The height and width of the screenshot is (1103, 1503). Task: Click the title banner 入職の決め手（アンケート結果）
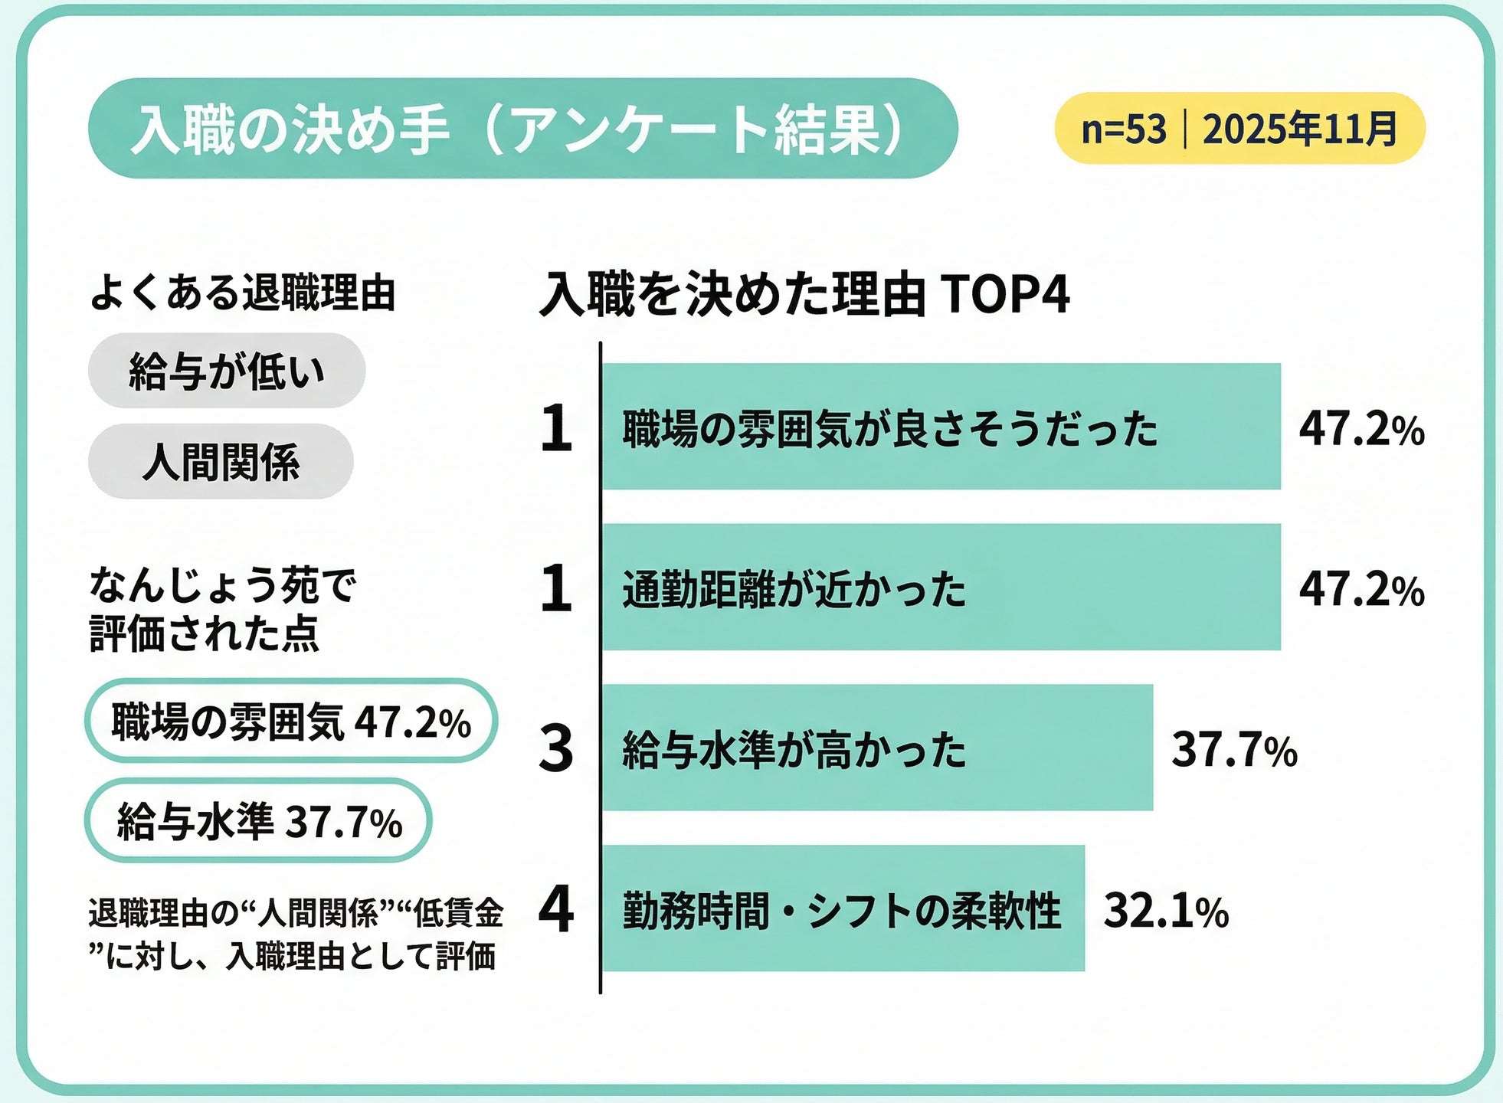[522, 129]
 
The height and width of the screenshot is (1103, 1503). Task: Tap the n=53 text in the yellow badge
[1123, 129]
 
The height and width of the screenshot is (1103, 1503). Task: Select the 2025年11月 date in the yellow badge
[1300, 129]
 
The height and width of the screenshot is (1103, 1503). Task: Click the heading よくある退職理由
[242, 293]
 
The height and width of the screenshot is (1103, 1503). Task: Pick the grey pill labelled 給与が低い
[227, 371]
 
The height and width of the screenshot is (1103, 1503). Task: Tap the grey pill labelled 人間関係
[221, 462]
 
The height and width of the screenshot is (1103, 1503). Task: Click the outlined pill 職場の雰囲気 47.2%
[291, 722]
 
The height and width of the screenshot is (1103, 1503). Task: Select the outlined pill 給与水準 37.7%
[258, 821]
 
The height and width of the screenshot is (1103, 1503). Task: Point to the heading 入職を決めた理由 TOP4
[804, 295]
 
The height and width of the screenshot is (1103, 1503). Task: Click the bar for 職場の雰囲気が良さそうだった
[941, 427]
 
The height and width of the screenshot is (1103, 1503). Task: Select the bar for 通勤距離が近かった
[941, 588]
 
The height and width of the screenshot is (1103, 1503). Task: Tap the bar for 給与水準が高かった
[877, 748]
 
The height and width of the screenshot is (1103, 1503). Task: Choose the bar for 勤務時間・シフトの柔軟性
[843, 909]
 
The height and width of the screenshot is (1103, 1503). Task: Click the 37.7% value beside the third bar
[1234, 749]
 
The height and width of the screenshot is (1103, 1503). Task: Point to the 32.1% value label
[1165, 911]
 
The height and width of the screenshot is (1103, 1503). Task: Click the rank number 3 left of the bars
[556, 748]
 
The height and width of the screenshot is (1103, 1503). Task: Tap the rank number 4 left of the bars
[556, 909]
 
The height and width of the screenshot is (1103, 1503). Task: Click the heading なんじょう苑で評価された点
[222, 610]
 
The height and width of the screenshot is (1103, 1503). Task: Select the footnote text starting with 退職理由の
[295, 934]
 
